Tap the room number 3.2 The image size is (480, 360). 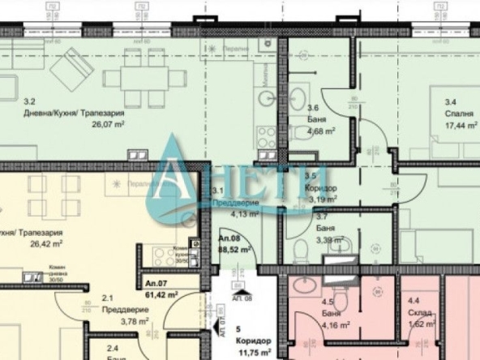point(30,101)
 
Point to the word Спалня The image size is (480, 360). point(459,114)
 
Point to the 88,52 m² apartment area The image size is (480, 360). point(234,251)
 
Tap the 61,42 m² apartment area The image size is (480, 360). point(160,296)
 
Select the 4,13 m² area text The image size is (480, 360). point(242,214)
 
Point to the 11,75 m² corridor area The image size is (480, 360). point(251,353)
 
